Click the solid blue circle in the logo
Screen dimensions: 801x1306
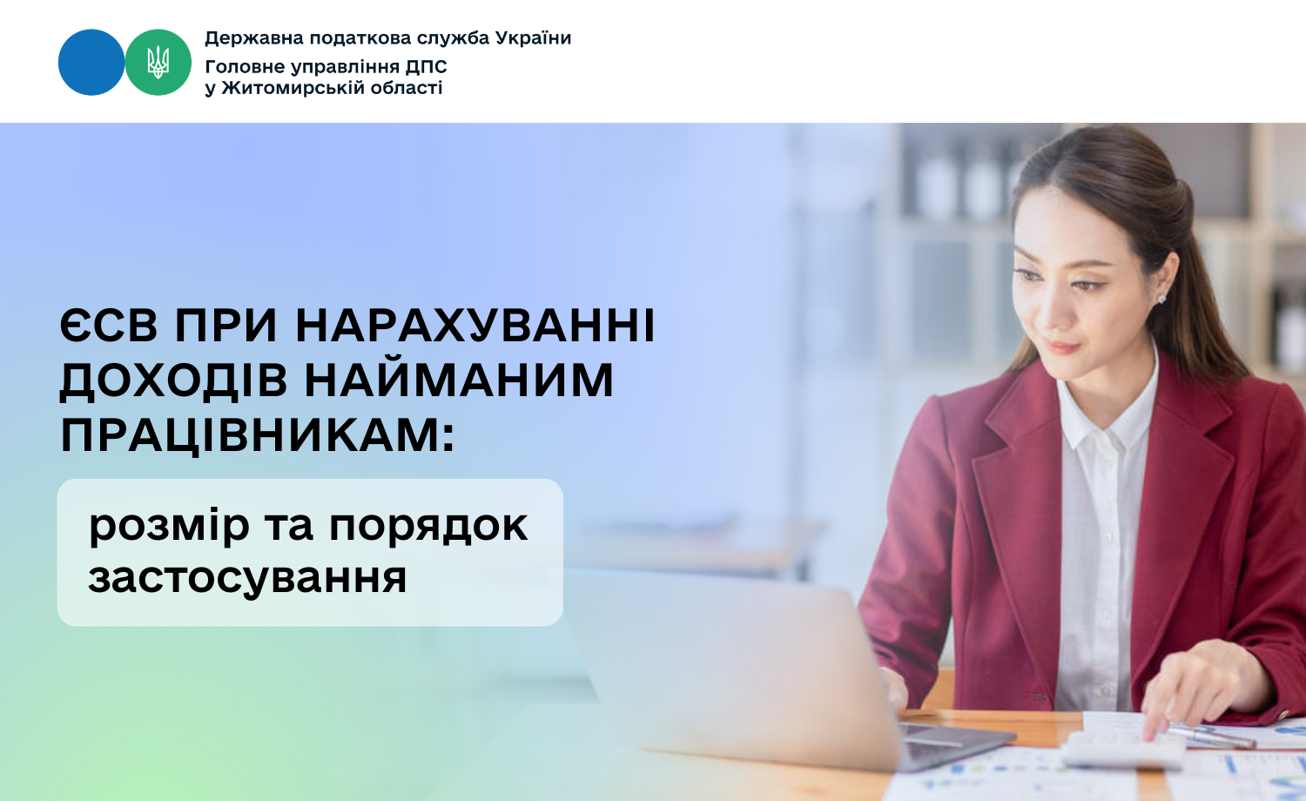(91, 63)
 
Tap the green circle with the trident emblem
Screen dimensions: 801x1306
(158, 63)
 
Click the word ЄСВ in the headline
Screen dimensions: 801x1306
(109, 326)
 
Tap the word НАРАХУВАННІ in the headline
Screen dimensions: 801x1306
(475, 326)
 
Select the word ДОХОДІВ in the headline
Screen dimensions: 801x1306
(172, 381)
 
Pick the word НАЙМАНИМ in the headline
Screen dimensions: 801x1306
(459, 381)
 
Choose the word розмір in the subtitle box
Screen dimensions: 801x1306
(169, 526)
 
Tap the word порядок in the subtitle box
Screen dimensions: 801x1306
(427, 526)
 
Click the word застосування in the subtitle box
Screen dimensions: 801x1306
(247, 577)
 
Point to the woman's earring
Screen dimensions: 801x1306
(1161, 299)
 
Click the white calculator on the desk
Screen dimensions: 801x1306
(1123, 748)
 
